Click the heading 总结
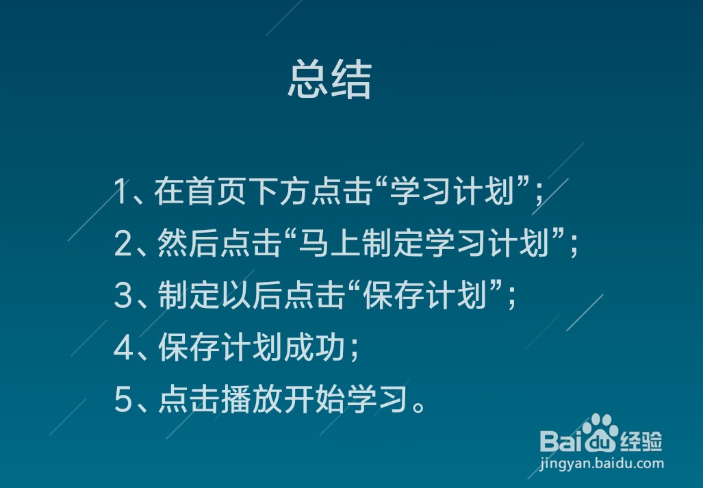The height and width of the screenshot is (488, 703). (x=329, y=80)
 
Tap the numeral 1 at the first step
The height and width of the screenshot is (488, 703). (x=121, y=192)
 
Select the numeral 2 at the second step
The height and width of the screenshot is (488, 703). (x=123, y=243)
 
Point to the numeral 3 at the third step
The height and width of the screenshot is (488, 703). (x=123, y=296)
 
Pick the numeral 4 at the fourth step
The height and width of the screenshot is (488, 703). (x=123, y=348)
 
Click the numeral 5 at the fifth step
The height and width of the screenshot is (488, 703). (x=123, y=400)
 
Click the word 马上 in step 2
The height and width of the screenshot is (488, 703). (x=333, y=243)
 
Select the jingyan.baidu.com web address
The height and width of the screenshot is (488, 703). (x=602, y=463)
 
